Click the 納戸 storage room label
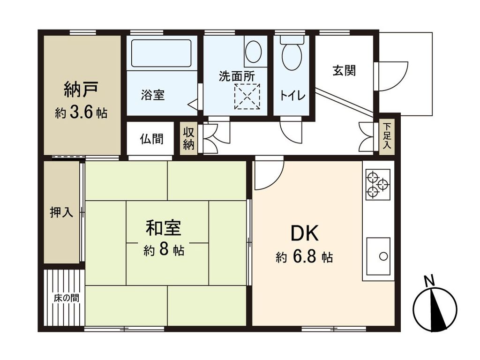click(x=80, y=90)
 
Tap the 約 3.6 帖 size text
click(x=80, y=113)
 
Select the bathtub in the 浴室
click(x=161, y=53)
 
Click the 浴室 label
click(x=152, y=95)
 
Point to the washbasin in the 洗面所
click(x=254, y=52)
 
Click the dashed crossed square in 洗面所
click(x=247, y=97)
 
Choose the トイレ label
click(x=293, y=96)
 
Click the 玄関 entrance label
click(x=344, y=71)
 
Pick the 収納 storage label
click(x=188, y=138)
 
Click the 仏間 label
click(x=151, y=139)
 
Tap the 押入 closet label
click(x=61, y=212)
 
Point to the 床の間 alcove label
click(x=66, y=297)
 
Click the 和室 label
click(x=163, y=228)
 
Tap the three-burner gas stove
click(x=378, y=183)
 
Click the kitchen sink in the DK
click(x=378, y=256)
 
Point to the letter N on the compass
click(x=428, y=281)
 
